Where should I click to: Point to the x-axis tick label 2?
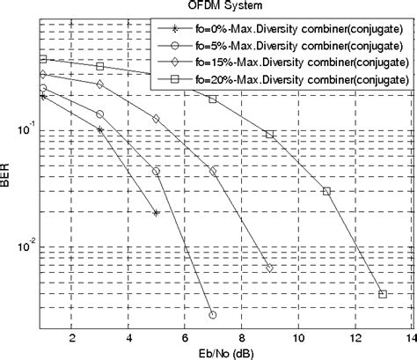coord(71,337)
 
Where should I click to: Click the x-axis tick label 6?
coord(185,337)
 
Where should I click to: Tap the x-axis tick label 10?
coord(297,337)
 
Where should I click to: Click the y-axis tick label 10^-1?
coord(25,130)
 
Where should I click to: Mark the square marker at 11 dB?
coord(326,191)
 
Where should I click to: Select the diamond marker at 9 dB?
coord(270,268)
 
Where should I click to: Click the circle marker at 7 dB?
coord(213,314)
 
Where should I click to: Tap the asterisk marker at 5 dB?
coord(156,213)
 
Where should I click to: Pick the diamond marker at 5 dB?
coord(156,118)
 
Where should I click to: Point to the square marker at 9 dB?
coord(270,134)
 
